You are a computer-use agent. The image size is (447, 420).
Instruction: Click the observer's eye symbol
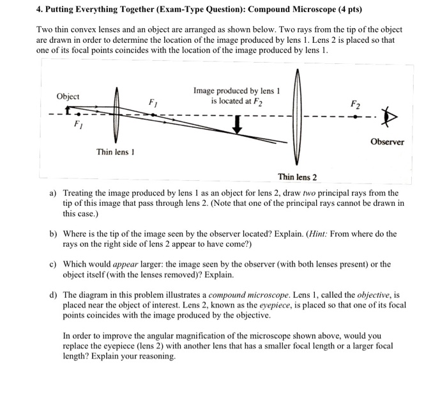point(386,119)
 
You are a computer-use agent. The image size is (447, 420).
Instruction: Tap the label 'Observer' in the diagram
point(387,142)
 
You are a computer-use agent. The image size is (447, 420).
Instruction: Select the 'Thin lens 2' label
point(297,176)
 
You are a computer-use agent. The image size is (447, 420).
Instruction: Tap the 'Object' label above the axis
point(68,97)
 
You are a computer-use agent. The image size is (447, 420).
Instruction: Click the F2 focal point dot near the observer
point(355,116)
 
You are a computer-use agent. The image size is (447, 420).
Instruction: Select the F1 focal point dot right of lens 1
point(152,115)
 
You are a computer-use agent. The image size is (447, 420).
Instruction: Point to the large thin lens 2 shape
point(296,118)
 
